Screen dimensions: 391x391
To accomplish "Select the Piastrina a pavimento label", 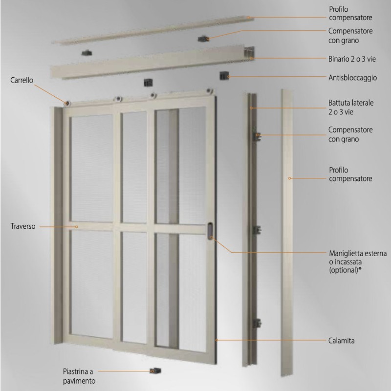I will click(79, 375).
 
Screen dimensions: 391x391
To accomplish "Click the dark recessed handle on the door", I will click(210, 230).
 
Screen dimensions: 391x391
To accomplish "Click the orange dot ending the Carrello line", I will click(66, 103).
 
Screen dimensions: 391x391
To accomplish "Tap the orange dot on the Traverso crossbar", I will click(77, 227).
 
